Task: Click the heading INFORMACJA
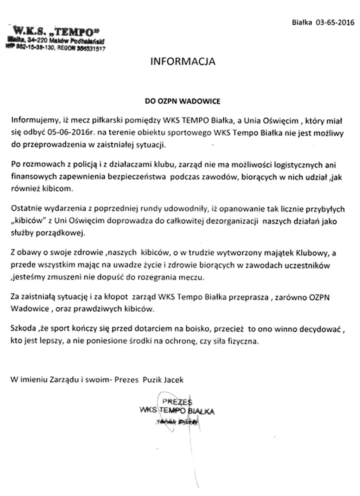point(182,61)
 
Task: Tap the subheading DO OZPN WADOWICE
point(182,101)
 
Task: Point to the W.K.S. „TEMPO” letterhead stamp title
point(53,32)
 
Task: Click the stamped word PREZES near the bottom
point(177,402)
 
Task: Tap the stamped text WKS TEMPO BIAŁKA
point(177,410)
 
